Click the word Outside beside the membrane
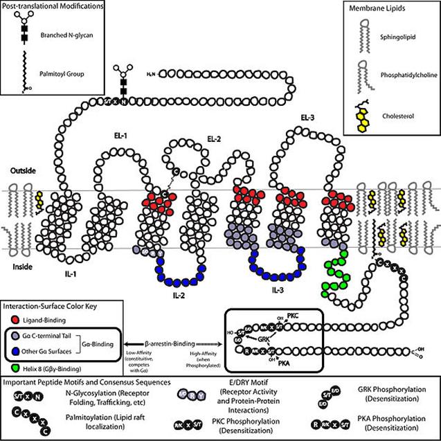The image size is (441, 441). [22, 169]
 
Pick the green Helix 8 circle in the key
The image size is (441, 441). [15, 366]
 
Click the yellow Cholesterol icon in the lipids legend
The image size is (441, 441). [366, 107]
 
